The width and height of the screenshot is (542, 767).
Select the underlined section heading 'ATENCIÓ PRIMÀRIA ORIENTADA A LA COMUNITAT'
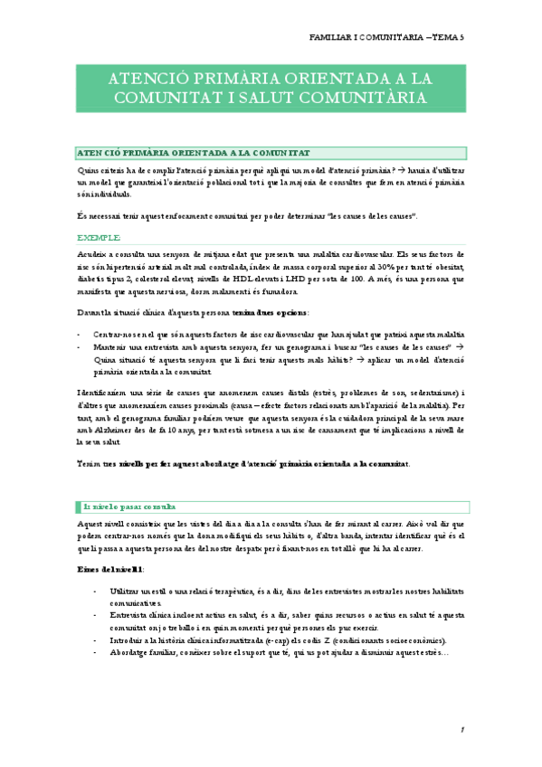pyautogui.click(x=194, y=154)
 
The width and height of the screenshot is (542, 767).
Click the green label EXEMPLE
pyautogui.click(x=100, y=237)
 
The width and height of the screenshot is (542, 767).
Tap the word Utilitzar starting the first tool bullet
pyautogui.click(x=123, y=589)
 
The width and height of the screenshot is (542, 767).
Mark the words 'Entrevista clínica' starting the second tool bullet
pyautogui.click(x=141, y=615)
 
